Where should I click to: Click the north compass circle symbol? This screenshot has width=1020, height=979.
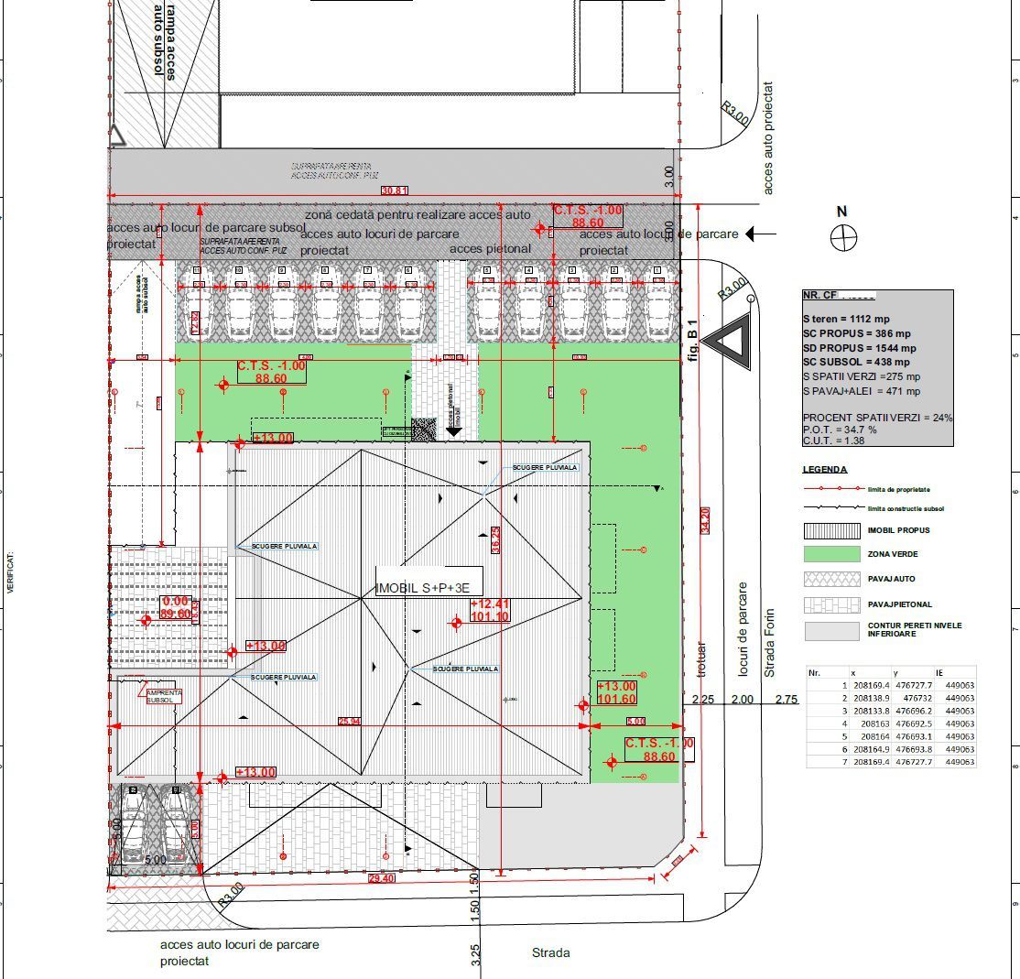point(842,238)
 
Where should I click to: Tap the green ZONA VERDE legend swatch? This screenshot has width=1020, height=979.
point(830,554)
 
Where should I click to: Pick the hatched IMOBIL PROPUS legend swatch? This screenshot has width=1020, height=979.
point(830,530)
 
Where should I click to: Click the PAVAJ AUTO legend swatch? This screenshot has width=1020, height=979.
point(830,579)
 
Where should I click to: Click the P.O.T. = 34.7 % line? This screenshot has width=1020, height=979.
point(840,429)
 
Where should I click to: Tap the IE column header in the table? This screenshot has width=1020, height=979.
point(940,672)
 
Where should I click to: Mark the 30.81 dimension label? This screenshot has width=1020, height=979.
point(395,190)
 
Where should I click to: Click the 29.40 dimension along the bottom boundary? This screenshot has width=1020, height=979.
point(381,878)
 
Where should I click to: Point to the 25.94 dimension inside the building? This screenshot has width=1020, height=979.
point(349,722)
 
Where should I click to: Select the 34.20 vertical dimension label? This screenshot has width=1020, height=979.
point(705,518)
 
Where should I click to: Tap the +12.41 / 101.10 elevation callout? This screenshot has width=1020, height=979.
point(490,610)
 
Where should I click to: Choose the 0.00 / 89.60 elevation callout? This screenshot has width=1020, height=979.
point(175,607)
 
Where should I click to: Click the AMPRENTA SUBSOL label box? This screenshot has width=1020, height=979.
point(165,696)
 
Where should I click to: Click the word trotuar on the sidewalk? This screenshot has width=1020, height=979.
point(702,658)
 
